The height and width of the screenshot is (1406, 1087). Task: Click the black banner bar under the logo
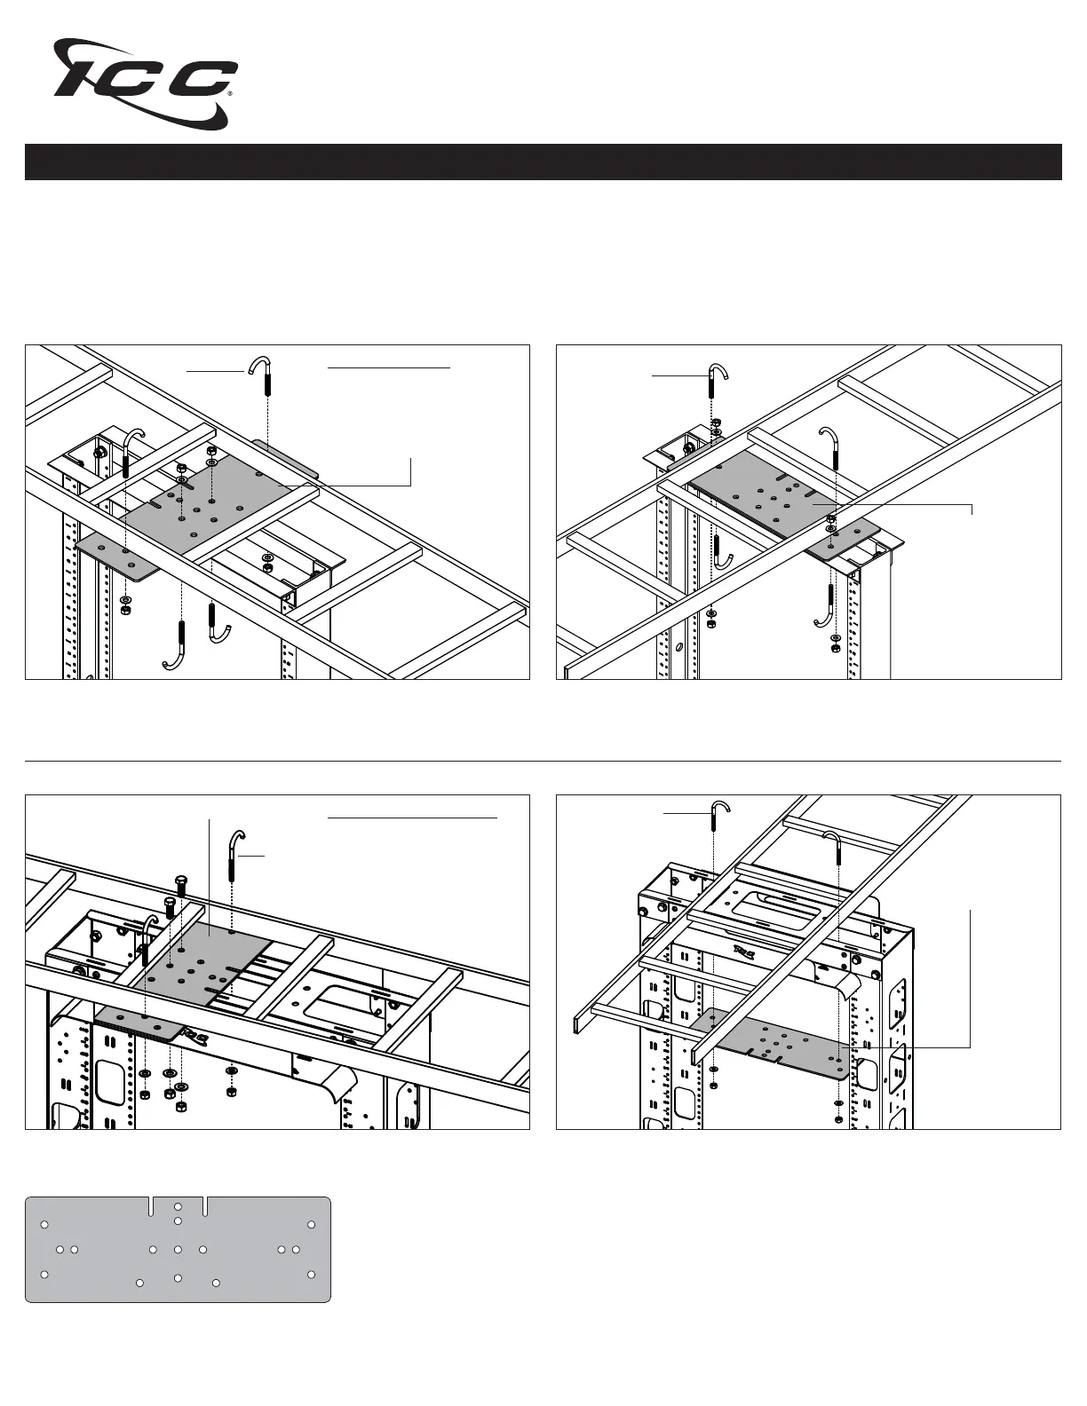click(543, 162)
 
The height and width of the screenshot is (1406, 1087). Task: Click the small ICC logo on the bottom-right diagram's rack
click(744, 952)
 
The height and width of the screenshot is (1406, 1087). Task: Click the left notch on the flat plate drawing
click(154, 1206)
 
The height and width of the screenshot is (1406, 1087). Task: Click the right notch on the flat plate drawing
click(205, 1206)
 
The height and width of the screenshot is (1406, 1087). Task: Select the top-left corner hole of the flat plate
click(44, 1226)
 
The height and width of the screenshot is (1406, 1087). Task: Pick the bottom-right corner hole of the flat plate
click(311, 1275)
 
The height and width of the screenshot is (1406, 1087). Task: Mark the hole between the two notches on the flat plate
click(179, 1207)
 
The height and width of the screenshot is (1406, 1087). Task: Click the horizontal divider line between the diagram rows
click(543, 761)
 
